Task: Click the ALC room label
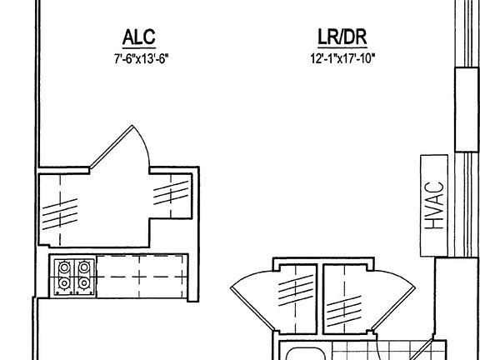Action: click(x=138, y=37)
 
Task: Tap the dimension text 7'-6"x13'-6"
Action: click(x=142, y=58)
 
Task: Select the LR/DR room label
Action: click(x=342, y=37)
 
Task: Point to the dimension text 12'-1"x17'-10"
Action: click(x=342, y=57)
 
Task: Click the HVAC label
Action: click(x=434, y=205)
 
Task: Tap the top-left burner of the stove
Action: click(x=64, y=267)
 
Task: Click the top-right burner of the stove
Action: click(x=84, y=267)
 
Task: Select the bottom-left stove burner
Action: click(x=64, y=283)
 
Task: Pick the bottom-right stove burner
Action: click(x=84, y=283)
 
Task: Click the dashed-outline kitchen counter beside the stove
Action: click(x=142, y=277)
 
